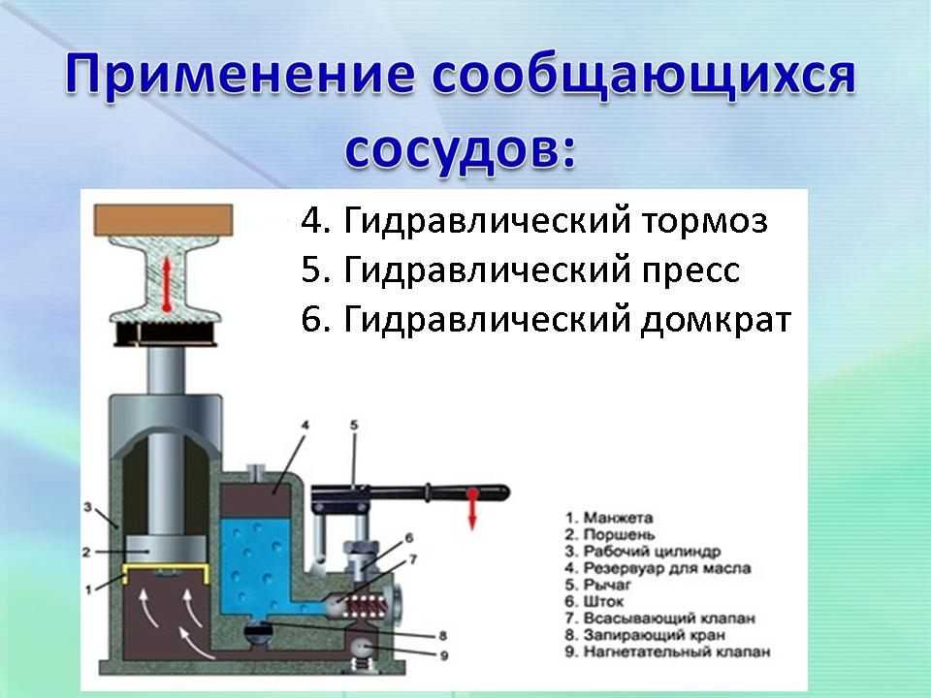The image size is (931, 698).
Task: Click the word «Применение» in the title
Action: pyautogui.click(x=240, y=76)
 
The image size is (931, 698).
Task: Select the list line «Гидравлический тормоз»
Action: pyautogui.click(x=555, y=221)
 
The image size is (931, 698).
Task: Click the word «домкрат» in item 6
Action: pyautogui.click(x=716, y=320)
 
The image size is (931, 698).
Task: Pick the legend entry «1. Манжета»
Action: pyautogui.click(x=609, y=518)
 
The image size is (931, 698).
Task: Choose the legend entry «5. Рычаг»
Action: pyautogui.click(x=597, y=585)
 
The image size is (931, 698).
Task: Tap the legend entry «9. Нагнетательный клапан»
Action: pyautogui.click(x=667, y=651)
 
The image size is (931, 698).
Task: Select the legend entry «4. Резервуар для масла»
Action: pyautogui.click(x=658, y=568)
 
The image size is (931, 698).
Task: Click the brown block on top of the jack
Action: pyautogui.click(x=163, y=220)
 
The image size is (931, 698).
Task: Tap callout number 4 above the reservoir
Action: pyautogui.click(x=305, y=425)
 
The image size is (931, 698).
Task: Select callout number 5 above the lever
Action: pyautogui.click(x=354, y=425)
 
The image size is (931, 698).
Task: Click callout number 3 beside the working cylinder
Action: pyautogui.click(x=87, y=507)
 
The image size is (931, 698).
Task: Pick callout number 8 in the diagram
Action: pyautogui.click(x=442, y=636)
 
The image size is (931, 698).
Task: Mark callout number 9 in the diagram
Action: pyautogui.click(x=444, y=656)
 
